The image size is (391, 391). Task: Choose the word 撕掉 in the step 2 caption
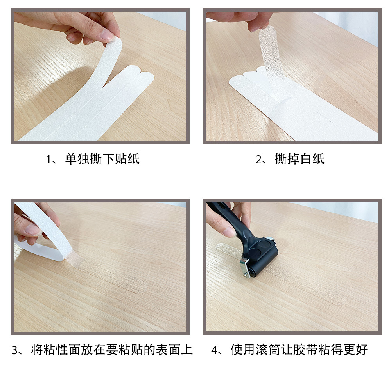(287, 159)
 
